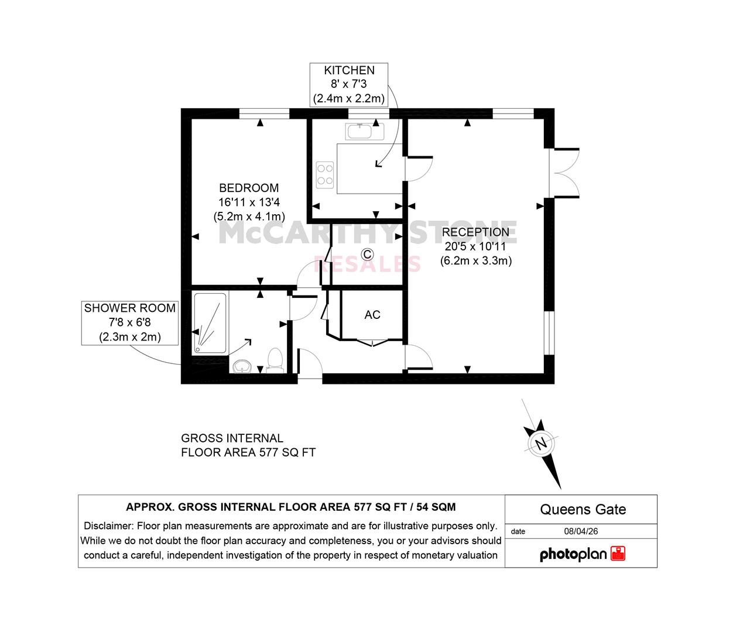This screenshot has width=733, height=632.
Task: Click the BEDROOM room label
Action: tap(249, 188)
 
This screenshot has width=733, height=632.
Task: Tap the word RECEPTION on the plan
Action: tap(475, 232)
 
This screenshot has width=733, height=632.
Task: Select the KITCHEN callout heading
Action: tap(349, 70)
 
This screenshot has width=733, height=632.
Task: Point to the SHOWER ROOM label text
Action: tap(130, 308)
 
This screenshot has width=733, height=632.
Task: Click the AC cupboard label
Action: tap(372, 315)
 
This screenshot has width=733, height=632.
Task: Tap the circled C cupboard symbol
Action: tap(368, 254)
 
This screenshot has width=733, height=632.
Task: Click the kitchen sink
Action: tap(365, 131)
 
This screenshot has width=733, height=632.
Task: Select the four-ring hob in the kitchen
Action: tap(325, 175)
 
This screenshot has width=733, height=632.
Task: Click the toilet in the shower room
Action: tap(275, 360)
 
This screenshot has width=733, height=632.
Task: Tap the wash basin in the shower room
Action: tap(242, 366)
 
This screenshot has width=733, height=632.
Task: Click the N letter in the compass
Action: tap(540, 444)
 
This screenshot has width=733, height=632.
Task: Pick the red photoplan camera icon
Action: tap(618, 554)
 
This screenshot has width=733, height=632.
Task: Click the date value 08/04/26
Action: tap(581, 531)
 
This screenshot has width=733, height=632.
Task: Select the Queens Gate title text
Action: tap(583, 509)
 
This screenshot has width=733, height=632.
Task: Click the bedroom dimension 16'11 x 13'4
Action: tap(249, 202)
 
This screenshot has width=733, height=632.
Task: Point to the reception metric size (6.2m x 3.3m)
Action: tap(476, 261)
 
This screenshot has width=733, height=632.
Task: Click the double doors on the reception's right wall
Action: tap(564, 173)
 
